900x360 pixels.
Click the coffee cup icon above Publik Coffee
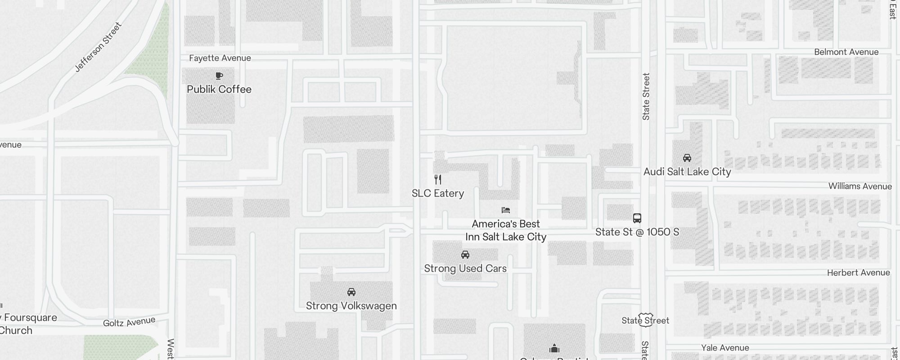tap(219, 76)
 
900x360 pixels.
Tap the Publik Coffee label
tap(219, 89)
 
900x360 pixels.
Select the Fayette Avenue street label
tap(220, 58)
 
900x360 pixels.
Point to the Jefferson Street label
tap(98, 47)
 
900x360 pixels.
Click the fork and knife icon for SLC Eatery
tap(438, 180)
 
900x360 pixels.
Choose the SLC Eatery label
tap(438, 193)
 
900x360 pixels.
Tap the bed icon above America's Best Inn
tap(506, 210)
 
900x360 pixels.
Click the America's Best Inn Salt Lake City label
tap(506, 230)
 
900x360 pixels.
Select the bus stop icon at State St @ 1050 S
tap(637, 218)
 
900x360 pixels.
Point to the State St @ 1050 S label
tap(637, 232)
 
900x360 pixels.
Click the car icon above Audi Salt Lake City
tap(687, 158)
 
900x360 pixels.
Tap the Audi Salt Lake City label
tap(687, 172)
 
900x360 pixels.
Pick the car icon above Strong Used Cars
tap(465, 255)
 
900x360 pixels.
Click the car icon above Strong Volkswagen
tap(351, 292)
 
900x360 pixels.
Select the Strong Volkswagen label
tap(351, 306)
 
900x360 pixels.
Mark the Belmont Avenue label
tap(846, 52)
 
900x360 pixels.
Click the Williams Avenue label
tap(860, 186)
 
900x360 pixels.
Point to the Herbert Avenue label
tap(859, 273)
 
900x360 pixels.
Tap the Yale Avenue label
tap(725, 348)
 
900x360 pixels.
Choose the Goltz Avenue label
tap(129, 322)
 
